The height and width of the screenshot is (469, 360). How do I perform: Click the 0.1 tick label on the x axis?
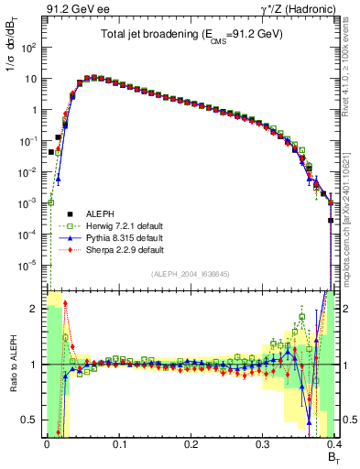coord(119,444)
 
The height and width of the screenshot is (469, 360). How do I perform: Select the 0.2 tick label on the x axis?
coord(191,444)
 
